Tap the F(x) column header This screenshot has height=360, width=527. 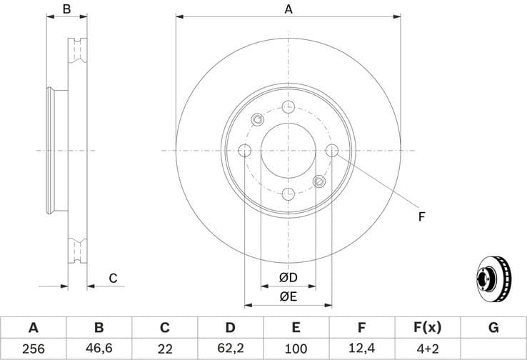pyautogui.click(x=427, y=328)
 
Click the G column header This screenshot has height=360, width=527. pyautogui.click(x=493, y=328)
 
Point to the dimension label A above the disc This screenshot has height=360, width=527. pyautogui.click(x=288, y=9)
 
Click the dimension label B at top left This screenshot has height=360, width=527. pyautogui.click(x=66, y=9)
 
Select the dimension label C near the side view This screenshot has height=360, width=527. pyautogui.click(x=112, y=278)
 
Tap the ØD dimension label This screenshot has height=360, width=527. pyautogui.click(x=288, y=277)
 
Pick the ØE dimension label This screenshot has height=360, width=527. pyautogui.click(x=288, y=296)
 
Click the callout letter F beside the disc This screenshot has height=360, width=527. pyautogui.click(x=421, y=215)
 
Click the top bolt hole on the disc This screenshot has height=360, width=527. pyautogui.click(x=288, y=107)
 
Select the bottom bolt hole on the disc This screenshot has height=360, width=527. pyautogui.click(x=288, y=194)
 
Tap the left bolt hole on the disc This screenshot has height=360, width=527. pyautogui.click(x=245, y=151)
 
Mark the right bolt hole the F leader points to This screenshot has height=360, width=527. pyautogui.click(x=332, y=151)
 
